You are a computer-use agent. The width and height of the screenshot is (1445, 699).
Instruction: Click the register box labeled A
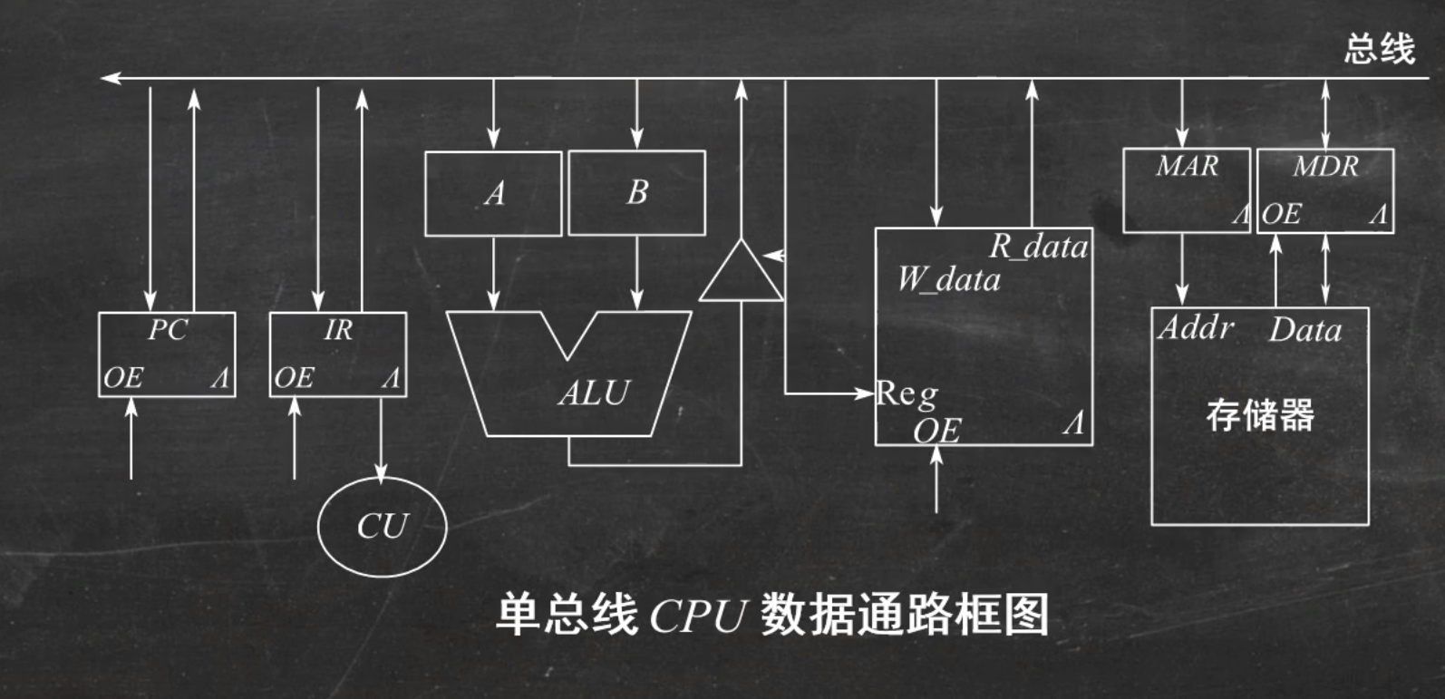[x=493, y=193]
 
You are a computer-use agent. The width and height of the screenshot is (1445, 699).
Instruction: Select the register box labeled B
[x=636, y=193]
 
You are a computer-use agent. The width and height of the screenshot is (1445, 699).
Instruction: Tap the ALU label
[x=594, y=393]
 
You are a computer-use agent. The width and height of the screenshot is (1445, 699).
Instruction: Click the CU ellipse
[x=382, y=527]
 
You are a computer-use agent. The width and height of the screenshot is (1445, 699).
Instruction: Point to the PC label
[x=168, y=330]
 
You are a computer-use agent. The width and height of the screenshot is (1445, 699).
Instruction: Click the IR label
[x=338, y=330]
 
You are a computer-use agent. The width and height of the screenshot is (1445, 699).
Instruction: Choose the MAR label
[x=1187, y=167]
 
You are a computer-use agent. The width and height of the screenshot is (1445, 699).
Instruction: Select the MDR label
[x=1325, y=167]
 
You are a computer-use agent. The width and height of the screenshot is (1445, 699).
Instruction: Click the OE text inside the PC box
[x=123, y=377]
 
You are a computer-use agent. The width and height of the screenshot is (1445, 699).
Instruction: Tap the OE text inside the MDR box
[x=1282, y=215]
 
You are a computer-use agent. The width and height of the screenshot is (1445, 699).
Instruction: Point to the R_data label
[x=1038, y=247]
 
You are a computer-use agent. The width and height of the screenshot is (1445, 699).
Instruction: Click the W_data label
[x=949, y=279]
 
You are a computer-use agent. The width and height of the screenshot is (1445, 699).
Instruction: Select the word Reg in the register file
[x=907, y=394]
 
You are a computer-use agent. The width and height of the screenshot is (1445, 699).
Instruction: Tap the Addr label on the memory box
[x=1196, y=327]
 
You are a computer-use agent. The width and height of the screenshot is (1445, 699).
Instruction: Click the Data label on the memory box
[x=1304, y=330]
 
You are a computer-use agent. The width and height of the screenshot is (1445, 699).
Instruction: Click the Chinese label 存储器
[x=1260, y=415]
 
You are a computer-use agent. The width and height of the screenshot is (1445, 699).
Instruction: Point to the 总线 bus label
[x=1379, y=49]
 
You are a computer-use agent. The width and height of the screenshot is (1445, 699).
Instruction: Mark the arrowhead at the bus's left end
[x=110, y=79]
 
